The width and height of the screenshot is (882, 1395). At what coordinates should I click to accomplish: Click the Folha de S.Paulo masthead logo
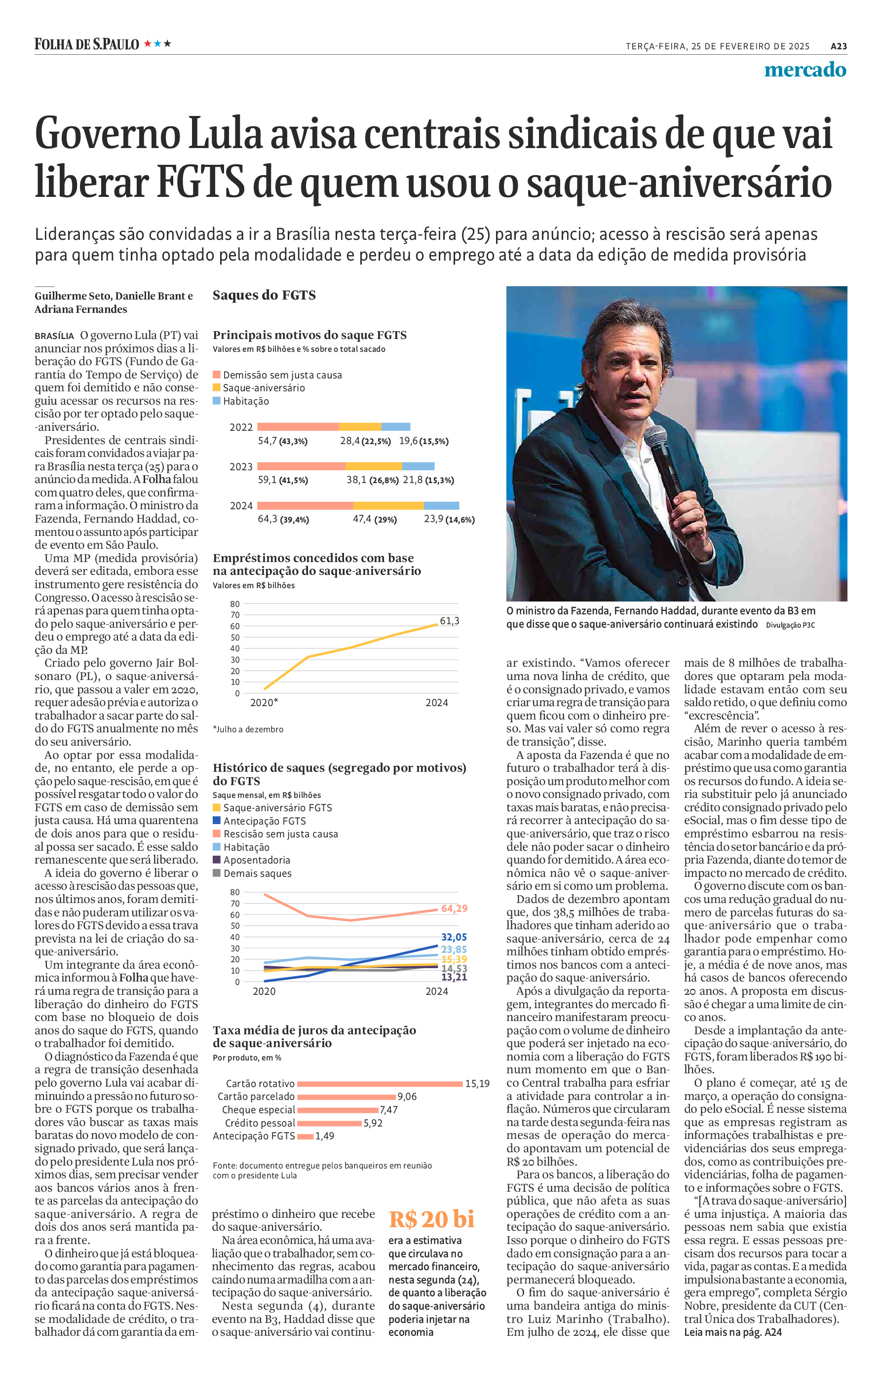tap(87, 44)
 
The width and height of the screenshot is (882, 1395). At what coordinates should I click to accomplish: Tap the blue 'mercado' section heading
tap(805, 70)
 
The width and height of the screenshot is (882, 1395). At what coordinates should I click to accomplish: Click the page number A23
tap(839, 46)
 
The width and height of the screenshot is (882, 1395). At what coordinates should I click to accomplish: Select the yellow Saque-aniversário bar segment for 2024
tap(388, 506)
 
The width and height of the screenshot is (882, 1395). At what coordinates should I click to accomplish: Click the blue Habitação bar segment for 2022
tap(396, 427)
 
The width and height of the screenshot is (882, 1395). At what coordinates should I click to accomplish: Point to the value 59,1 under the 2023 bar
tap(267, 480)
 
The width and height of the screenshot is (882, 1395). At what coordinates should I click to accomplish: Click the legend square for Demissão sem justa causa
tap(217, 375)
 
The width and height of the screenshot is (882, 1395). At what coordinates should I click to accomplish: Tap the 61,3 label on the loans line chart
tap(450, 621)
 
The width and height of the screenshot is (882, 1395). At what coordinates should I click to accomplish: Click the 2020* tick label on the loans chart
tap(264, 703)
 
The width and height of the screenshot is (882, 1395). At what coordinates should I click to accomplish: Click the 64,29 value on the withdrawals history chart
tap(455, 908)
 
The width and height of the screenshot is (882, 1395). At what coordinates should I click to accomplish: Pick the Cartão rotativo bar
tap(380, 1083)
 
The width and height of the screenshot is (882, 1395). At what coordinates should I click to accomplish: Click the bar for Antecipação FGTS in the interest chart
tap(306, 1136)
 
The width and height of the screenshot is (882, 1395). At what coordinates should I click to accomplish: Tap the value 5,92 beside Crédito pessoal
tap(373, 1123)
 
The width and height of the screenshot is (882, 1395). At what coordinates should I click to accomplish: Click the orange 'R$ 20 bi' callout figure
tap(432, 1219)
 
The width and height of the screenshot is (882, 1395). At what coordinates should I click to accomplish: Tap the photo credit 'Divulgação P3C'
tap(790, 625)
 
